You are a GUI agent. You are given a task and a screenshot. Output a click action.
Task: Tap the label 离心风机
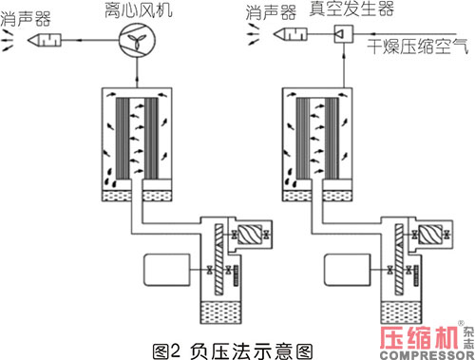[139, 9]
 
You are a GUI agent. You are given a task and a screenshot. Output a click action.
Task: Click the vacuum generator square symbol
[344, 34]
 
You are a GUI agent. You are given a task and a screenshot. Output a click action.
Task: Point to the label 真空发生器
[351, 9]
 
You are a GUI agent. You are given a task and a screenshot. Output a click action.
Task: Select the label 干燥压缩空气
[418, 47]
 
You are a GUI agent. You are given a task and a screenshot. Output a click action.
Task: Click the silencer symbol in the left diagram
[45, 40]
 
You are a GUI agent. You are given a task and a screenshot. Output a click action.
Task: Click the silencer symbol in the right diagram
[290, 34]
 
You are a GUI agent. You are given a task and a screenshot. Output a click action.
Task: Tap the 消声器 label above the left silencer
[26, 19]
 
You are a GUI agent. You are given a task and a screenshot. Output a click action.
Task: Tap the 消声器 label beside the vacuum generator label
[271, 12]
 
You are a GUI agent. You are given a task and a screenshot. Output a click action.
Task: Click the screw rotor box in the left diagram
[250, 235]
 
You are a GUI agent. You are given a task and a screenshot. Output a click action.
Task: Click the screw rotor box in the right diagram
[430, 235]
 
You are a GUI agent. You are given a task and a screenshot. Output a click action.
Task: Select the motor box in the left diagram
[167, 270]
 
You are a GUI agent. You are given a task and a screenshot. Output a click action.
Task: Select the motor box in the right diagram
[348, 270]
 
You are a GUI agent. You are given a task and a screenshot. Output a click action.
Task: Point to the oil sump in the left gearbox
[220, 313]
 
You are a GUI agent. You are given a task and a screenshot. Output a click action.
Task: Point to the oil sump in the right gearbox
[401, 313]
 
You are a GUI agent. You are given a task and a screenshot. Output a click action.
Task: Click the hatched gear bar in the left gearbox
[218, 259]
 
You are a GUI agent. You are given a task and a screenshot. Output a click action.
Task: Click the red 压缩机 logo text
[420, 338]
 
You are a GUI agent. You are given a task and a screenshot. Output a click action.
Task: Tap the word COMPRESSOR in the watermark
[427, 355]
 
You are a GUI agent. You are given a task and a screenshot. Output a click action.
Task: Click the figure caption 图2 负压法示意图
[233, 351]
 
